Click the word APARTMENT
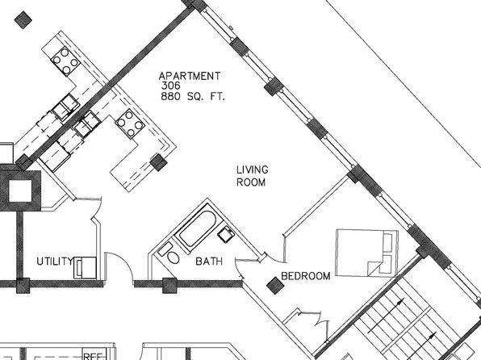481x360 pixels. (x=190, y=76)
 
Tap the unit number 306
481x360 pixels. (x=171, y=86)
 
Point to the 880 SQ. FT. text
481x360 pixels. (x=193, y=97)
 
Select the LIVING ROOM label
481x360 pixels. (x=252, y=176)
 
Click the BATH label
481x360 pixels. (x=209, y=262)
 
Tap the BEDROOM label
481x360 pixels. (x=306, y=276)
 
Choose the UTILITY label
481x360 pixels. (x=55, y=262)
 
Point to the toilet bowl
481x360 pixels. (x=174, y=257)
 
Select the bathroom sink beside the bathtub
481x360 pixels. (x=226, y=234)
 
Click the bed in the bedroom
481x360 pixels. (x=367, y=253)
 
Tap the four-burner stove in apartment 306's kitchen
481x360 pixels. (x=130, y=123)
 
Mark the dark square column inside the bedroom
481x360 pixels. (x=275, y=286)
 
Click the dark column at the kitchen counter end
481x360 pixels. (x=159, y=162)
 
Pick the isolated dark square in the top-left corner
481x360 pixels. (x=23, y=20)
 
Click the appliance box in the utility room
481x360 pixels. (x=86, y=268)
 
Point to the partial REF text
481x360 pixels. (x=93, y=357)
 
